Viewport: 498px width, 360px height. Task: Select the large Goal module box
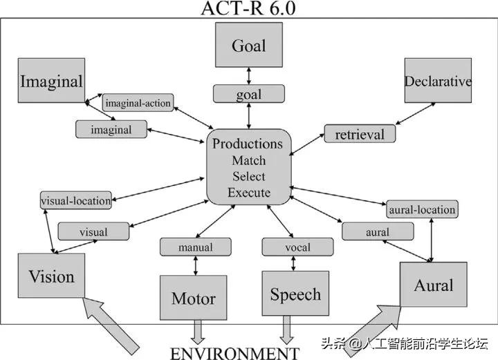point(248,47)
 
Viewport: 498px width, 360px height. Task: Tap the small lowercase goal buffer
point(248,93)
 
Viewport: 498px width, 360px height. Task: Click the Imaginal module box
point(52,81)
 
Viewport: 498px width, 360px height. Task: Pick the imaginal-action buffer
point(138,102)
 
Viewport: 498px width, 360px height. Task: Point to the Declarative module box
point(437,81)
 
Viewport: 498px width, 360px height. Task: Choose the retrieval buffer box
point(359,133)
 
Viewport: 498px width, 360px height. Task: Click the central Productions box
point(248,167)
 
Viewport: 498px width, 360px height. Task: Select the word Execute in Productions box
point(248,193)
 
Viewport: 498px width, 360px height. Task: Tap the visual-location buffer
point(75,201)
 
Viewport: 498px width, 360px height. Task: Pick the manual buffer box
point(195,247)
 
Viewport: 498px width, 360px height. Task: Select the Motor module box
point(193,299)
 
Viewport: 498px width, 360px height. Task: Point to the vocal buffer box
point(297,247)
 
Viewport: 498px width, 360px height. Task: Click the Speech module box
point(295,294)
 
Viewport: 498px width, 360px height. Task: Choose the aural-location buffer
point(422,209)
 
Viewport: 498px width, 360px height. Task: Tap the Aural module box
point(434,285)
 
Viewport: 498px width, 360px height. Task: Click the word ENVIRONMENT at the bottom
point(234,353)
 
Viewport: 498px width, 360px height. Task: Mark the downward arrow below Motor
point(198,332)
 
